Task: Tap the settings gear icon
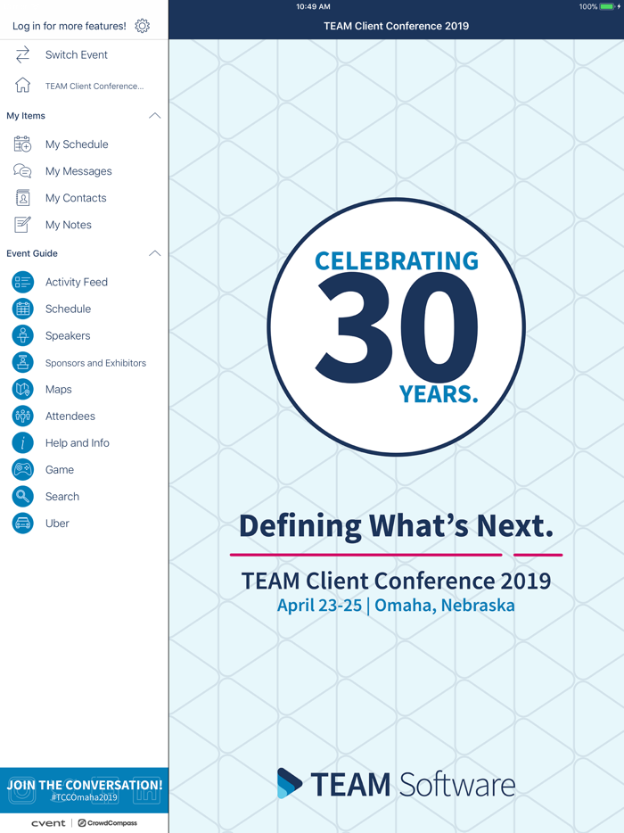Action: [143, 26]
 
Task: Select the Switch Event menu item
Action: [76, 55]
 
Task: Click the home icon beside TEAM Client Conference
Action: [23, 86]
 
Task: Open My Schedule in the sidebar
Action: [77, 144]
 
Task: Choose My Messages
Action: [78, 171]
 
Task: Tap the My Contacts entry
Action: [76, 198]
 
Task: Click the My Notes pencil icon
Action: [23, 225]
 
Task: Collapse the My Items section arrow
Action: [154, 116]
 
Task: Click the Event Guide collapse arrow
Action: [154, 253]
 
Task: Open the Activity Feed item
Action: [76, 282]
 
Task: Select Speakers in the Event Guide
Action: [68, 336]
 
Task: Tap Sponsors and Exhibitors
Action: [95, 363]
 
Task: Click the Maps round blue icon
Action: [23, 390]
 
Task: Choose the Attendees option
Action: [70, 416]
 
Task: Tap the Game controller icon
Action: [23, 470]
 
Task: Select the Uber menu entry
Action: [57, 524]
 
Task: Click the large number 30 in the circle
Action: [397, 327]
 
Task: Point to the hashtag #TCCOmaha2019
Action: [85, 797]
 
